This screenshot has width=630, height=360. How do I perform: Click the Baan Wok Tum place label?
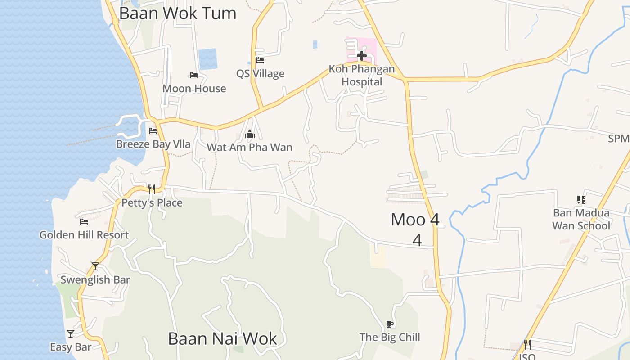(177, 13)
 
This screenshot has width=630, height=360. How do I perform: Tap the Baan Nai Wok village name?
(222, 338)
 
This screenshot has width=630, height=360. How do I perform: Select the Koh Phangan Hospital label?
(362, 75)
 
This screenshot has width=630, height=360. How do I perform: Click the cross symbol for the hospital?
(361, 56)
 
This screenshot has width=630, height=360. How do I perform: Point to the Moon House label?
(194, 88)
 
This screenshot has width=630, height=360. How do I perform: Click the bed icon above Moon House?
(194, 75)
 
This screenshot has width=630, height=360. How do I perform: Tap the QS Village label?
(261, 73)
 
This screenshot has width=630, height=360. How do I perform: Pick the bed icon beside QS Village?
(260, 60)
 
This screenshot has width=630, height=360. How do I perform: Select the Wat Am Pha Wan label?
(249, 147)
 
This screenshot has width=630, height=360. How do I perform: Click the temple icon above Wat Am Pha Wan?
(250, 134)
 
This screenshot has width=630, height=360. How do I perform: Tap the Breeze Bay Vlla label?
(153, 144)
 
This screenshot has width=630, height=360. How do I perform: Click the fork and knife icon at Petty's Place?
(152, 189)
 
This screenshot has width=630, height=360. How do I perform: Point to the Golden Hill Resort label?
(84, 234)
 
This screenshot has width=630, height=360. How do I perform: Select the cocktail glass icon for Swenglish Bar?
(95, 266)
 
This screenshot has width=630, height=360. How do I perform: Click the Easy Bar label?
(71, 347)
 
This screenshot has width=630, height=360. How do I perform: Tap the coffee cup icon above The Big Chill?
(390, 324)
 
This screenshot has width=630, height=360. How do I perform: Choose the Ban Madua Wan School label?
(581, 219)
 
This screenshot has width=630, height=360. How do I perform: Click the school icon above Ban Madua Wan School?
(581, 199)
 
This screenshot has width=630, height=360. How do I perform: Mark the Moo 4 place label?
(415, 220)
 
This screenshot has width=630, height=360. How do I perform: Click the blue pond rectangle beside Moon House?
(208, 59)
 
